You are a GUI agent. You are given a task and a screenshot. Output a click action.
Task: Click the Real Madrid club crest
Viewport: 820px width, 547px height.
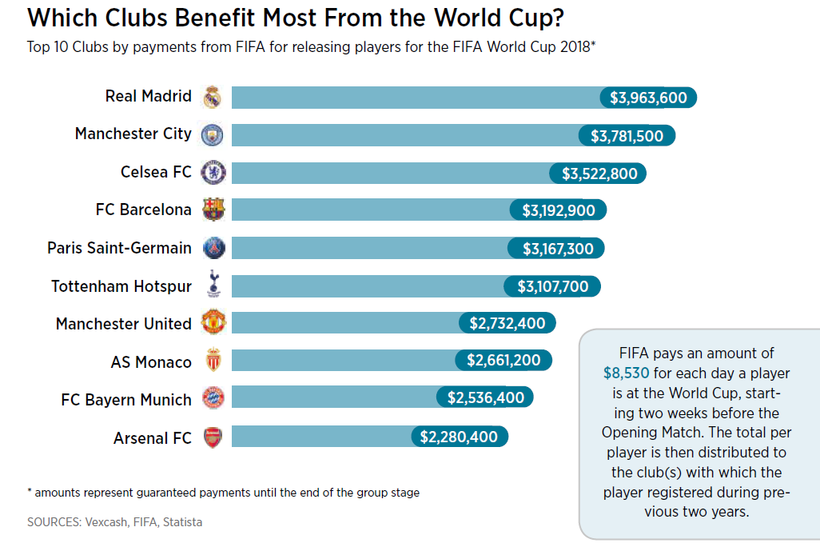(212, 97)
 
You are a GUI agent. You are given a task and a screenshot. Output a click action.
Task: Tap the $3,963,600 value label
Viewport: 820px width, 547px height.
(648, 98)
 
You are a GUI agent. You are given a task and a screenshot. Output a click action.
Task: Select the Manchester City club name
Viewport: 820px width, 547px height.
(133, 134)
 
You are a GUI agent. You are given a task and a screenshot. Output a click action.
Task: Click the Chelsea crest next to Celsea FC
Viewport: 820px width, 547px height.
(213, 172)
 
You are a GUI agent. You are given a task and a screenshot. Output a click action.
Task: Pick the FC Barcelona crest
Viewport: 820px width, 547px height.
(214, 210)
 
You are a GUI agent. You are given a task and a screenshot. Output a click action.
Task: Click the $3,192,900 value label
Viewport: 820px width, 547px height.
(559, 211)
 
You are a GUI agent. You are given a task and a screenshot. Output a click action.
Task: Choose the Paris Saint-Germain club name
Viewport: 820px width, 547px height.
(119, 248)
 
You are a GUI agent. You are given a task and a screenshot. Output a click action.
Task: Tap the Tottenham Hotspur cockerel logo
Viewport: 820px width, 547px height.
(213, 285)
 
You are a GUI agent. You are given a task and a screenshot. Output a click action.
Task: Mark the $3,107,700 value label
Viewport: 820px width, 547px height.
(553, 286)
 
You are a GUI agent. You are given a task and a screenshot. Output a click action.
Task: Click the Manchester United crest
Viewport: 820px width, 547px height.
(214, 322)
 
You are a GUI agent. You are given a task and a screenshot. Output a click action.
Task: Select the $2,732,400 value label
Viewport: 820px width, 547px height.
(508, 324)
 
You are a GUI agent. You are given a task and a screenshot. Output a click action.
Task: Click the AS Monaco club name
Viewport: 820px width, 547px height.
(151, 362)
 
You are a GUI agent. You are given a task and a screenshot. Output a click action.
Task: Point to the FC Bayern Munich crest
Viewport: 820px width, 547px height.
(213, 398)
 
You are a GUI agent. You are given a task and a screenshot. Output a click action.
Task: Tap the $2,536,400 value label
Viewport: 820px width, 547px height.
(485, 398)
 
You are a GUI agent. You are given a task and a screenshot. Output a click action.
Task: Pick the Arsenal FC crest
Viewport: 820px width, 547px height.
(213, 437)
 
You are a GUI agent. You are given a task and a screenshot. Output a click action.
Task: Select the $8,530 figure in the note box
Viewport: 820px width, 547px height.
(626, 373)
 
